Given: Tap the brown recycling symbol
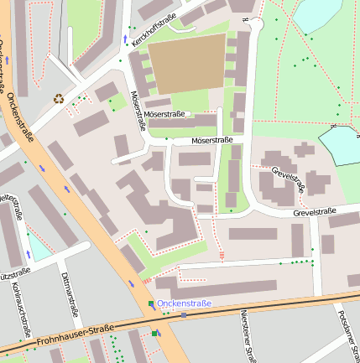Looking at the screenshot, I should (x=59, y=98).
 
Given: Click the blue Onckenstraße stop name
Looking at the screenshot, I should (x=185, y=303).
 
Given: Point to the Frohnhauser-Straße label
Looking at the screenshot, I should (x=73, y=340).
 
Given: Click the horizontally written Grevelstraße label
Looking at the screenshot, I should (x=314, y=212).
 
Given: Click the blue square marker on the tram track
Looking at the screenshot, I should (x=183, y=315).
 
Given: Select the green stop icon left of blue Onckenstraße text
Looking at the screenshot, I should (x=151, y=303).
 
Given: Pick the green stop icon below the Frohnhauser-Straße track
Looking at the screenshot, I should (x=154, y=334).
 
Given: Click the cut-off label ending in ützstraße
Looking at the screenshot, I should (x=15, y=272).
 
